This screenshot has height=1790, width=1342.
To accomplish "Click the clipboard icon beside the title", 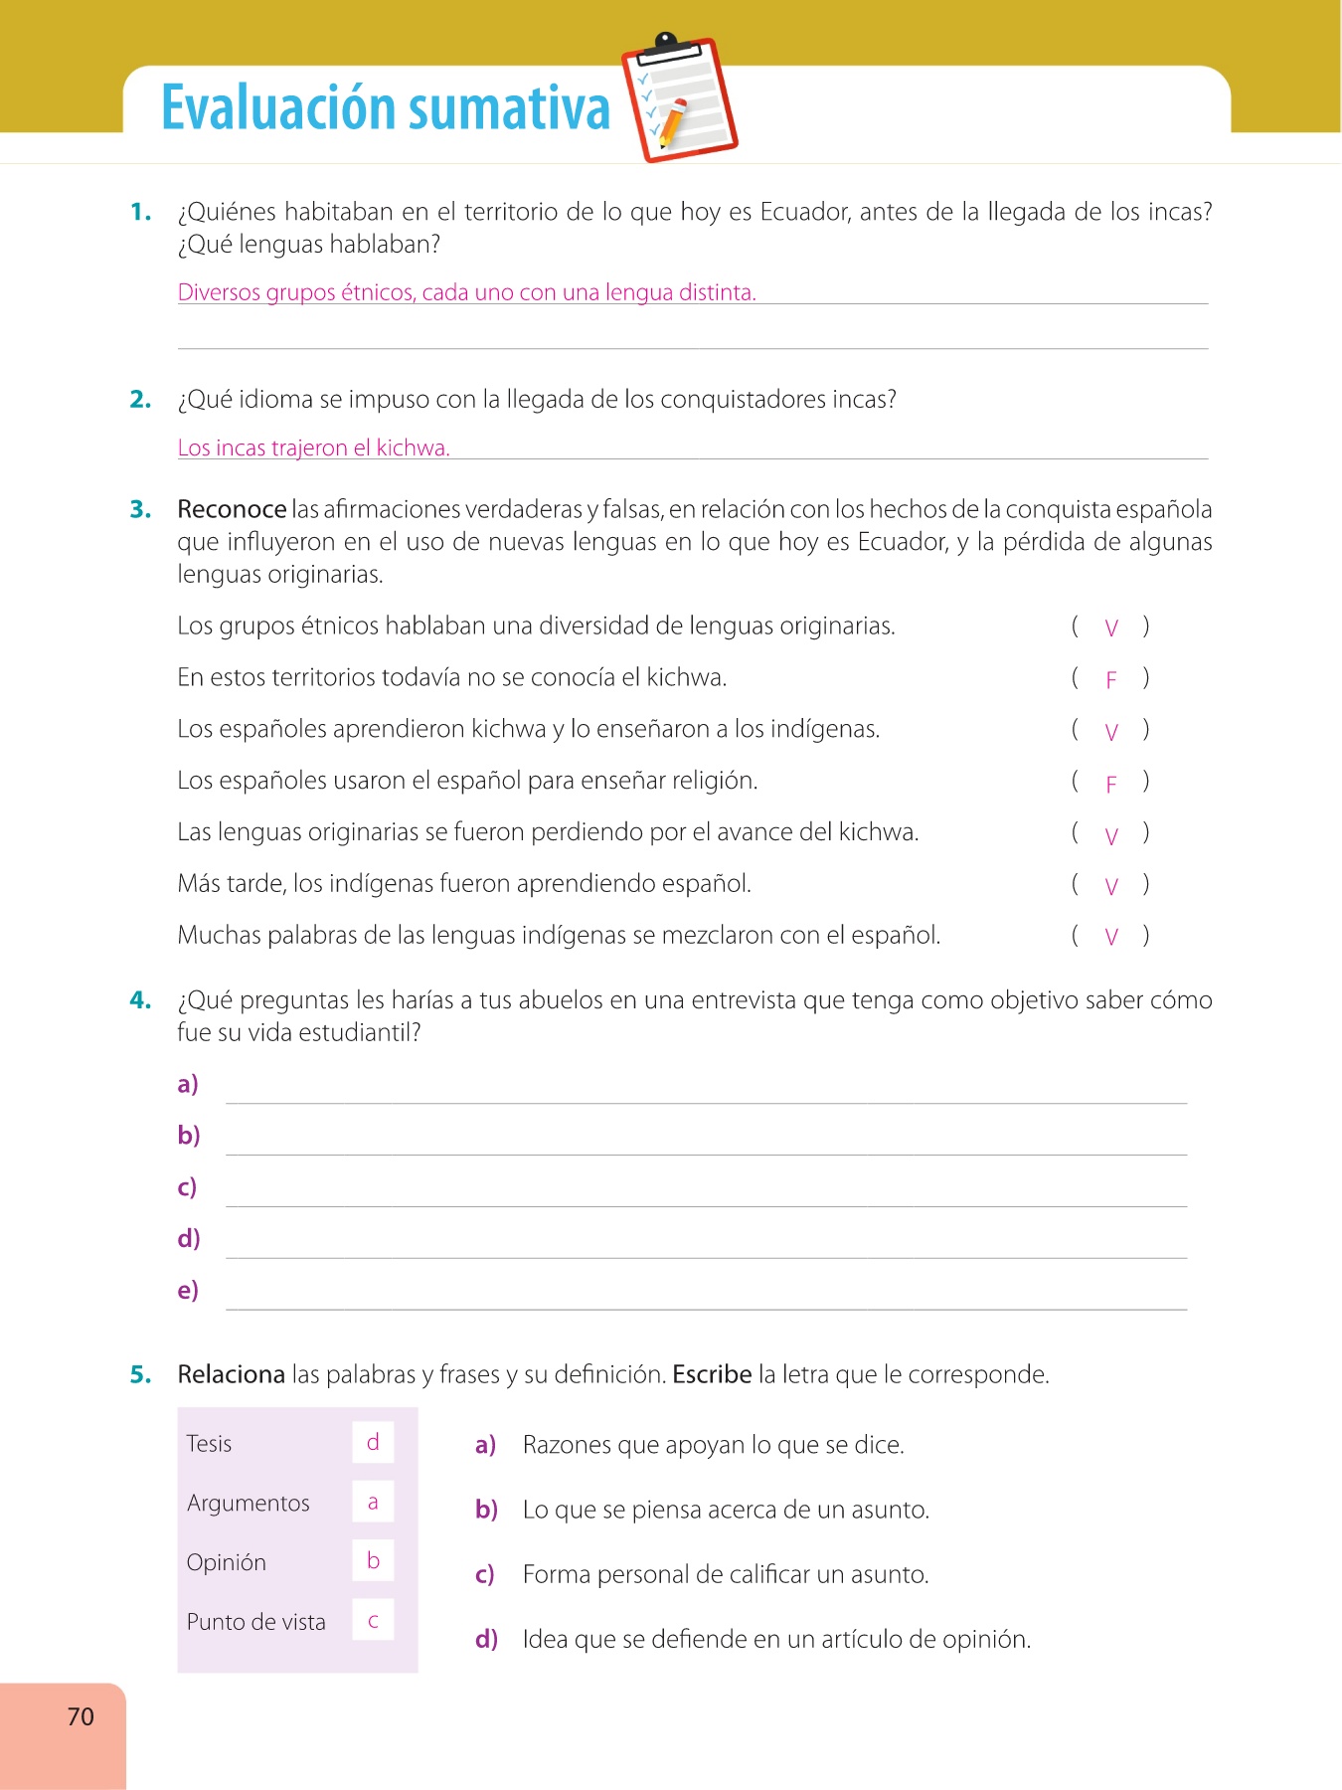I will pos(679,99).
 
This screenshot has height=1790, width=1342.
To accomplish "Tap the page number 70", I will pos(81,1716).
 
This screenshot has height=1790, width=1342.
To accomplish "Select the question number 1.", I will pos(140,212).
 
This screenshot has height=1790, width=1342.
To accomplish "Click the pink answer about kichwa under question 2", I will pos(313,448).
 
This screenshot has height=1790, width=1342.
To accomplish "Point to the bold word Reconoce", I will pos(232,509).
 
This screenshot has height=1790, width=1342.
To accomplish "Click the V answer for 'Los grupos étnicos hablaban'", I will pos(1111,627).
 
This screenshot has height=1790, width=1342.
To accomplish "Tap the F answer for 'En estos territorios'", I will pos(1111,680).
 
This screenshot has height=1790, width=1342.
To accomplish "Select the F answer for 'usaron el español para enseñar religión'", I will pos(1111,785).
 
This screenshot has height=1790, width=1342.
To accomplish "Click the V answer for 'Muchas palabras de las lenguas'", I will pos(1111,937).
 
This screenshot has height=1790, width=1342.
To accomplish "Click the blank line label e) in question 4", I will pos(188,1290).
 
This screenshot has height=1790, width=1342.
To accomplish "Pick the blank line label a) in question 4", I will pos(188,1084).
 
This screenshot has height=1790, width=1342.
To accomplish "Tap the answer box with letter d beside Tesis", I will pos(373,1442).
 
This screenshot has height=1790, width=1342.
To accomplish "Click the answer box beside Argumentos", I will pos(373,1502).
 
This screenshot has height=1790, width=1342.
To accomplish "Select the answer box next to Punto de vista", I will pos(373,1620).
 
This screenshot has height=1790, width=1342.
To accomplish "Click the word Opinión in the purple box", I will pos(227,1562).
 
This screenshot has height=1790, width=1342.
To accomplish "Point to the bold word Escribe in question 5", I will pos(712,1374).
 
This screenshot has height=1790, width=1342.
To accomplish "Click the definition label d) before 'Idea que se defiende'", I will pos(486,1639).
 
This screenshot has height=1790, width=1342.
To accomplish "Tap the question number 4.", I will pos(140,1000).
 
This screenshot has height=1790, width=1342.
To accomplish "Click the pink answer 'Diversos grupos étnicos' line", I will pos(466,292).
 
